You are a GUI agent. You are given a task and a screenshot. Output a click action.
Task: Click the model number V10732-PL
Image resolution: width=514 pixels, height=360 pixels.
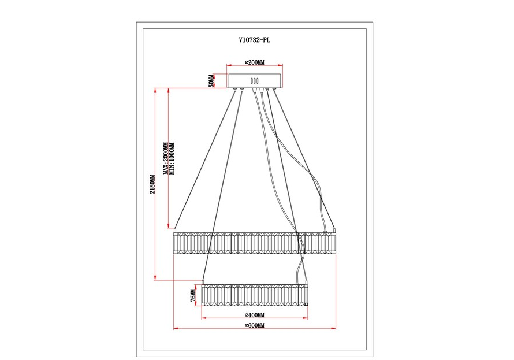(x=255, y=40)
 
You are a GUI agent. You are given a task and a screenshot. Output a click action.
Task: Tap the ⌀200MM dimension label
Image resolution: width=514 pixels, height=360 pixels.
(x=255, y=62)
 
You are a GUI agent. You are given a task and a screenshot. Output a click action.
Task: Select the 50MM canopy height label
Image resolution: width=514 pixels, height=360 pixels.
(x=212, y=81)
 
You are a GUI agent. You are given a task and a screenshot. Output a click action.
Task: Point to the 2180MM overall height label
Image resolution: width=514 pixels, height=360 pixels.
(x=152, y=184)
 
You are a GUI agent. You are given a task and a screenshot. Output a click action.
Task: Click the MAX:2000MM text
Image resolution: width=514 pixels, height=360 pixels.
(x=166, y=158)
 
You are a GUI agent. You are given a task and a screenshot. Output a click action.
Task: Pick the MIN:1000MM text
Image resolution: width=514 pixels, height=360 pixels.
(x=172, y=158)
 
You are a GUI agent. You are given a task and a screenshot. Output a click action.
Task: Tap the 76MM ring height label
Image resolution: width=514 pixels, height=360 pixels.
(x=193, y=295)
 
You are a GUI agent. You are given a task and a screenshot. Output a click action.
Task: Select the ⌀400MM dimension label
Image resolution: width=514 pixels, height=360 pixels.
(x=255, y=315)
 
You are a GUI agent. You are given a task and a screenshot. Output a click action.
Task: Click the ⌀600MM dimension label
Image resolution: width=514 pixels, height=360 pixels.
(x=255, y=325)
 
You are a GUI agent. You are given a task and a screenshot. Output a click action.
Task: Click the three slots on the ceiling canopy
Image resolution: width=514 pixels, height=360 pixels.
(x=255, y=81)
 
